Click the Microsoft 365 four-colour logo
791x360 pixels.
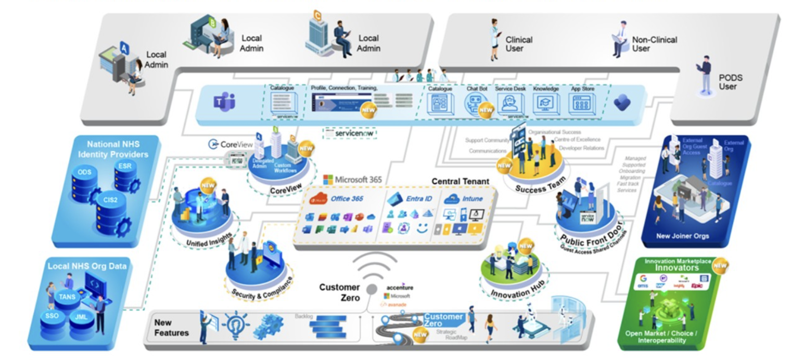[x=328, y=180]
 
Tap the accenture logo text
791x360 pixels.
[x=400, y=287]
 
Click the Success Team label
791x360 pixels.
[x=537, y=188]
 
